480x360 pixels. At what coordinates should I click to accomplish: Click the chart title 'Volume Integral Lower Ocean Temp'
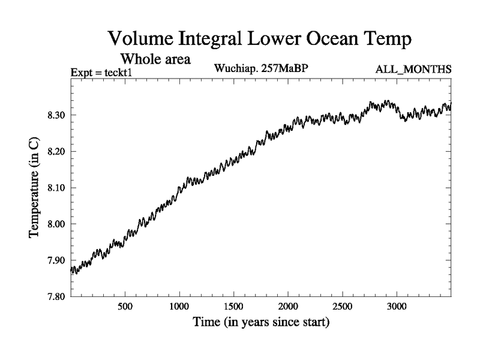(x=260, y=40)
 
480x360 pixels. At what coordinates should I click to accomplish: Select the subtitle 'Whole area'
(x=155, y=59)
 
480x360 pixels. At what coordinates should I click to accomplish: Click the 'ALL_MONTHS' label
(x=413, y=70)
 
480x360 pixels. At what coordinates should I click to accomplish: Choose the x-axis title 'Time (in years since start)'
(x=261, y=322)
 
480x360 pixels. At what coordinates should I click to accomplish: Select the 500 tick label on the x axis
(x=125, y=306)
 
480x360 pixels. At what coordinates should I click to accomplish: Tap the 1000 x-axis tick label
(x=179, y=306)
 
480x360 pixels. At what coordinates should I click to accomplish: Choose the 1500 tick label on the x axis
(x=233, y=306)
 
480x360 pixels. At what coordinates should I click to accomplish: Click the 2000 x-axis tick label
(x=287, y=306)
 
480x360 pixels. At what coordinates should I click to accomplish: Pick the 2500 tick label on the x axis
(x=342, y=306)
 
